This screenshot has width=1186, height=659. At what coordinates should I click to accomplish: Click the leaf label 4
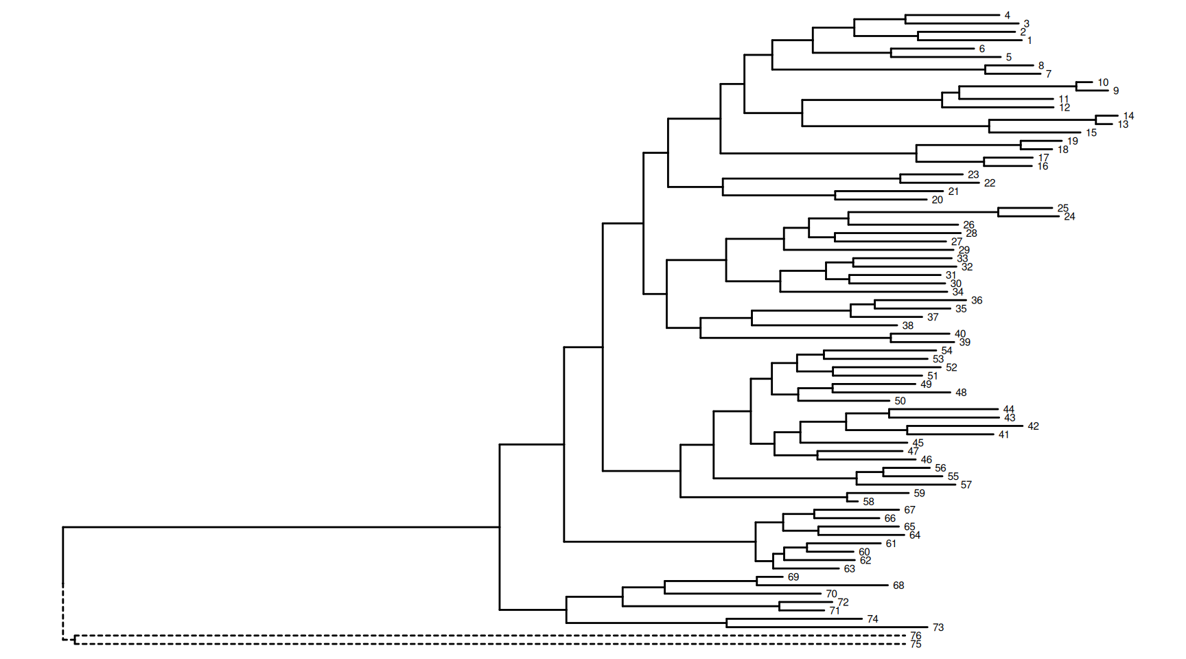pos(1007,15)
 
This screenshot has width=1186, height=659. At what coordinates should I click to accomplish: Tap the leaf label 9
pos(1116,91)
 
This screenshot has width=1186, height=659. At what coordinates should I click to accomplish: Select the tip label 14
pos(1128,116)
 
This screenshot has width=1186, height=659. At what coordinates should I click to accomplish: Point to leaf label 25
pos(1062,208)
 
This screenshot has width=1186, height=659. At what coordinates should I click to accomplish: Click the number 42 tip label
pos(1033,426)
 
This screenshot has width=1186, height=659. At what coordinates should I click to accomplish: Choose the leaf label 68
pos(898,586)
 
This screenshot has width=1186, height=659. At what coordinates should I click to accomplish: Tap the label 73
pos(938,627)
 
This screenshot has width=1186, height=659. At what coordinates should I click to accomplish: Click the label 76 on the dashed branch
pos(916,636)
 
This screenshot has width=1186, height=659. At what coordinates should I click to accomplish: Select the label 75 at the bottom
pos(916,645)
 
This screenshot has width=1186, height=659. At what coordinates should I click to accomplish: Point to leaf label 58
pos(868,502)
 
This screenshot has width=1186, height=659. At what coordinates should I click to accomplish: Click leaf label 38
pos(908,325)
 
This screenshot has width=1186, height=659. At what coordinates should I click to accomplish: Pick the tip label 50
pos(900,401)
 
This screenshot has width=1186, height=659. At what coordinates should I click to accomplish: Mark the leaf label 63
pos(849,569)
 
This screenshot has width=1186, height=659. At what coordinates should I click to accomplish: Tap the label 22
pos(989,183)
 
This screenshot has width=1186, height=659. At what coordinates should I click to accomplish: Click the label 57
pos(966,485)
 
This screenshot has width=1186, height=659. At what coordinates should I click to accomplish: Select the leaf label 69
pos(793,577)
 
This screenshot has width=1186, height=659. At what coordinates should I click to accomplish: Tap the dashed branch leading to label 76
pos(480,636)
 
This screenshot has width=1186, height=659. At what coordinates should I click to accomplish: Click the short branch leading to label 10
pos(1084,82)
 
